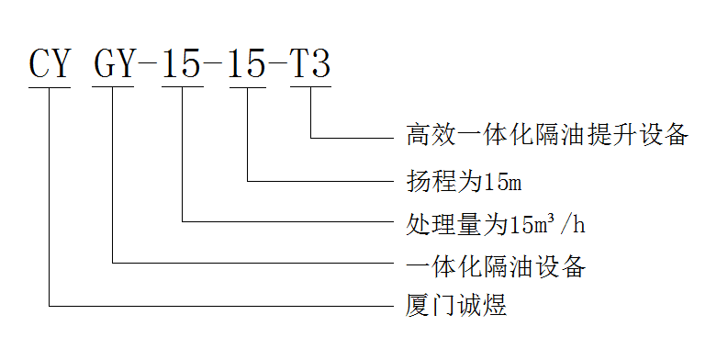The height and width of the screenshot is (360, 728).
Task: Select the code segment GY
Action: [114, 64]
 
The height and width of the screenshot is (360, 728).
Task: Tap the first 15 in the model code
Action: [181, 64]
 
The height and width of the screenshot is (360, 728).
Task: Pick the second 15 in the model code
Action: [247, 64]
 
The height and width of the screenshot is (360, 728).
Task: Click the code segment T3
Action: [311, 64]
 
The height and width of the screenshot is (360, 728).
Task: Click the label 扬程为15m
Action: [465, 180]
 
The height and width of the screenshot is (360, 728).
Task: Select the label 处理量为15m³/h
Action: [497, 222]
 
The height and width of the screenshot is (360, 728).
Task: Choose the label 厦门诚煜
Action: [456, 306]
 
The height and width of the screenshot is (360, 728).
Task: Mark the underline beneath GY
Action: [114, 88]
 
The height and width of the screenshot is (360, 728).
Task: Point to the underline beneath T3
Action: [311, 88]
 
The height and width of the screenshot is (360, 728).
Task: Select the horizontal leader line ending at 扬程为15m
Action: [321, 180]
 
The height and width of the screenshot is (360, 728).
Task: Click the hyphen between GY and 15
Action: [147, 65]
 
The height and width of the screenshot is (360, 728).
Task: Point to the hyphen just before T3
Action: [279, 65]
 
